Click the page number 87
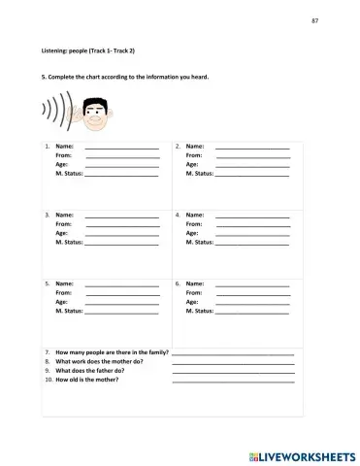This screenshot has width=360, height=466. pyautogui.click(x=315, y=21)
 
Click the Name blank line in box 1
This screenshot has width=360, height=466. pyautogui.click(x=122, y=148)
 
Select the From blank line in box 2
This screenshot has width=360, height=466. pyautogui.click(x=252, y=156)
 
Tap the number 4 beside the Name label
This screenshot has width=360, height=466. pyautogui.click(x=177, y=215)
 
